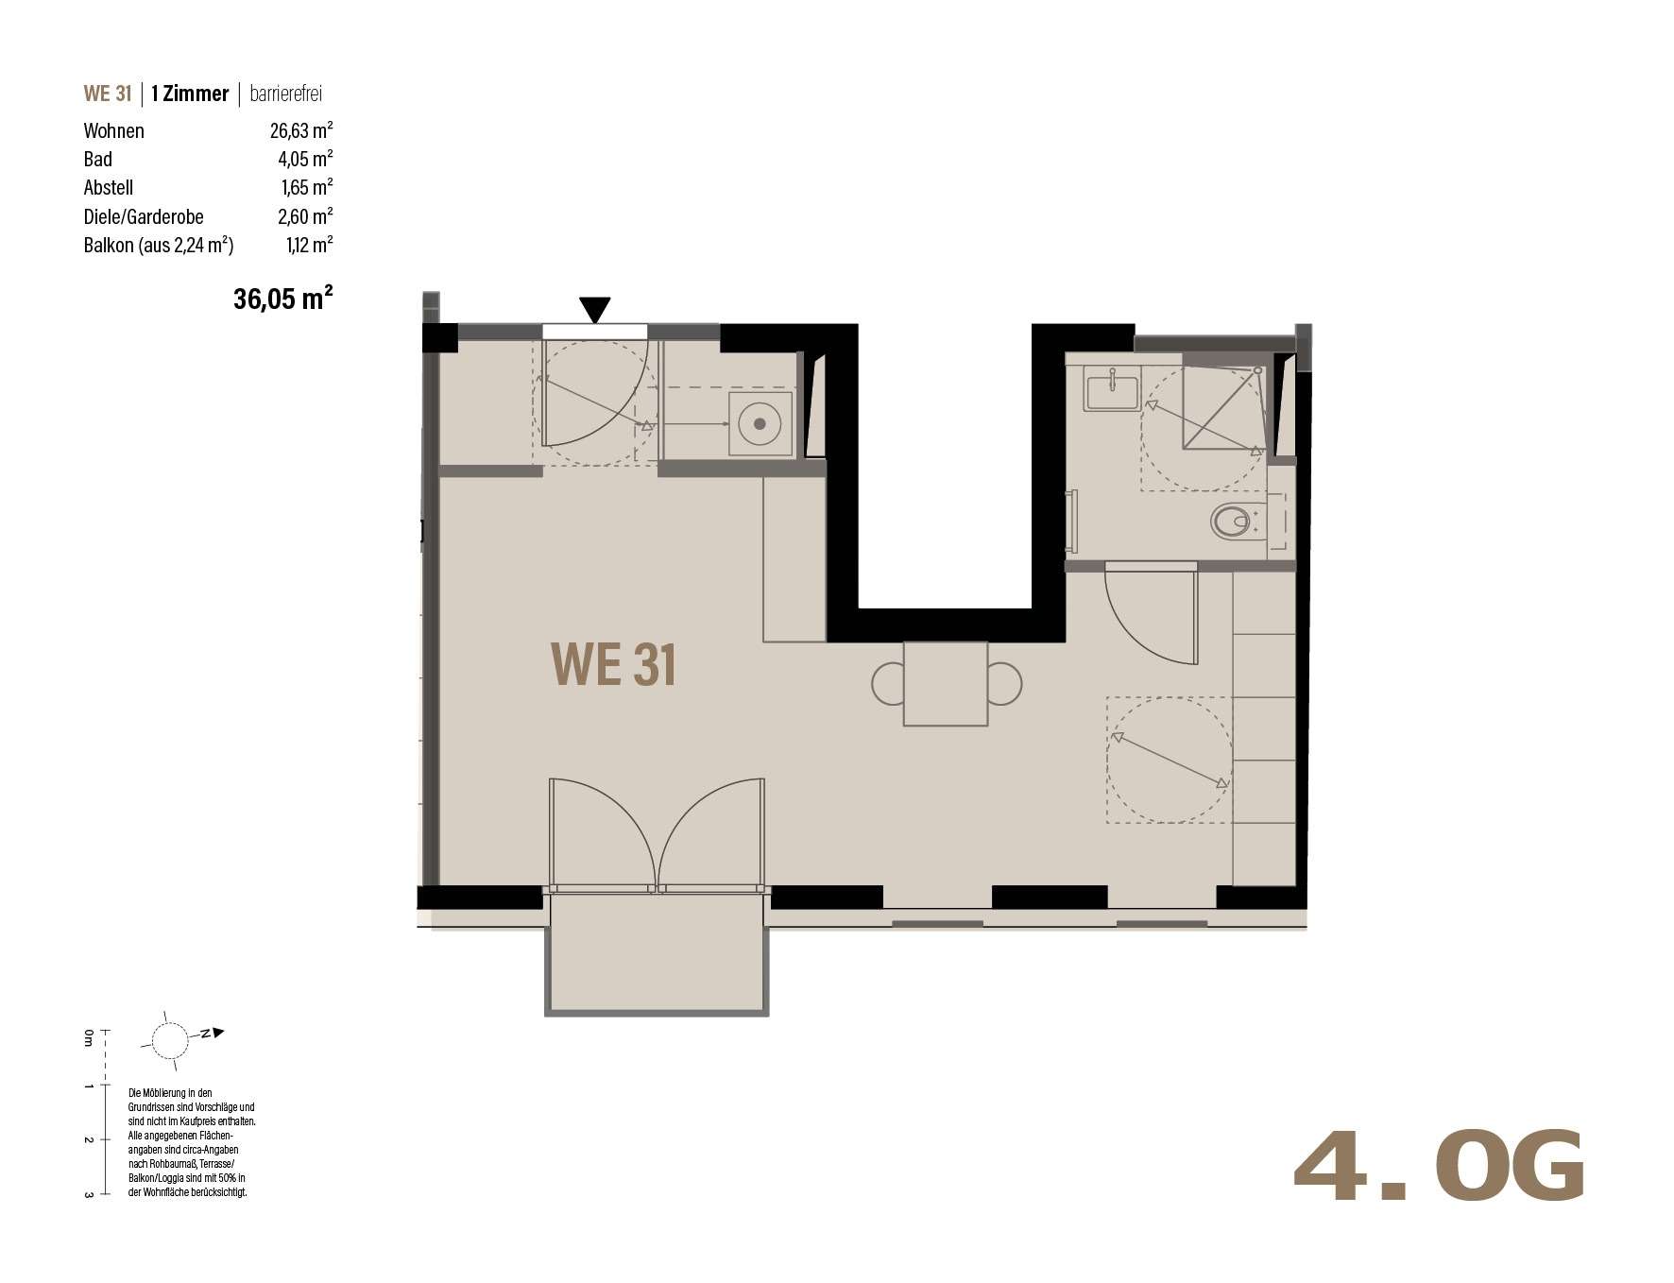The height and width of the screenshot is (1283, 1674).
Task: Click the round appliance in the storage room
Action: (759, 423)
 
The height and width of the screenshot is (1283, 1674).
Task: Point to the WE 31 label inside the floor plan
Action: (613, 664)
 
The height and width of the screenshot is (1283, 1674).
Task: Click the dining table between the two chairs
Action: (946, 684)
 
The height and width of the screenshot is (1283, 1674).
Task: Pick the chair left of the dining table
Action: (888, 684)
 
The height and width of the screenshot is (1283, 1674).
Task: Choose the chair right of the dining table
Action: (1004, 684)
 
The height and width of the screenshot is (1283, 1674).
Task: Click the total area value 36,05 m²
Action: (282, 299)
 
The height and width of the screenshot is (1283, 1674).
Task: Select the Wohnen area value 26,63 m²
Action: (300, 130)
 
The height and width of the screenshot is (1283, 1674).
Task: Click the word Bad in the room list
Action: (97, 159)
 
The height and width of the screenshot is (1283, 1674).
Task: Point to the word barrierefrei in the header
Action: (285, 94)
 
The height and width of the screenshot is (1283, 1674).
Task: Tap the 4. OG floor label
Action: (1438, 1168)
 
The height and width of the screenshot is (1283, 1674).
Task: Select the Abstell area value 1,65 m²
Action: (306, 187)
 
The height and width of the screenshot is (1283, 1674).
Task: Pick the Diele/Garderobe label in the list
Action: (144, 216)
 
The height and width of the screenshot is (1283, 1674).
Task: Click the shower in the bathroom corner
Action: (1223, 407)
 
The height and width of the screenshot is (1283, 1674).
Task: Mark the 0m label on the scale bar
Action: (88, 1039)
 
